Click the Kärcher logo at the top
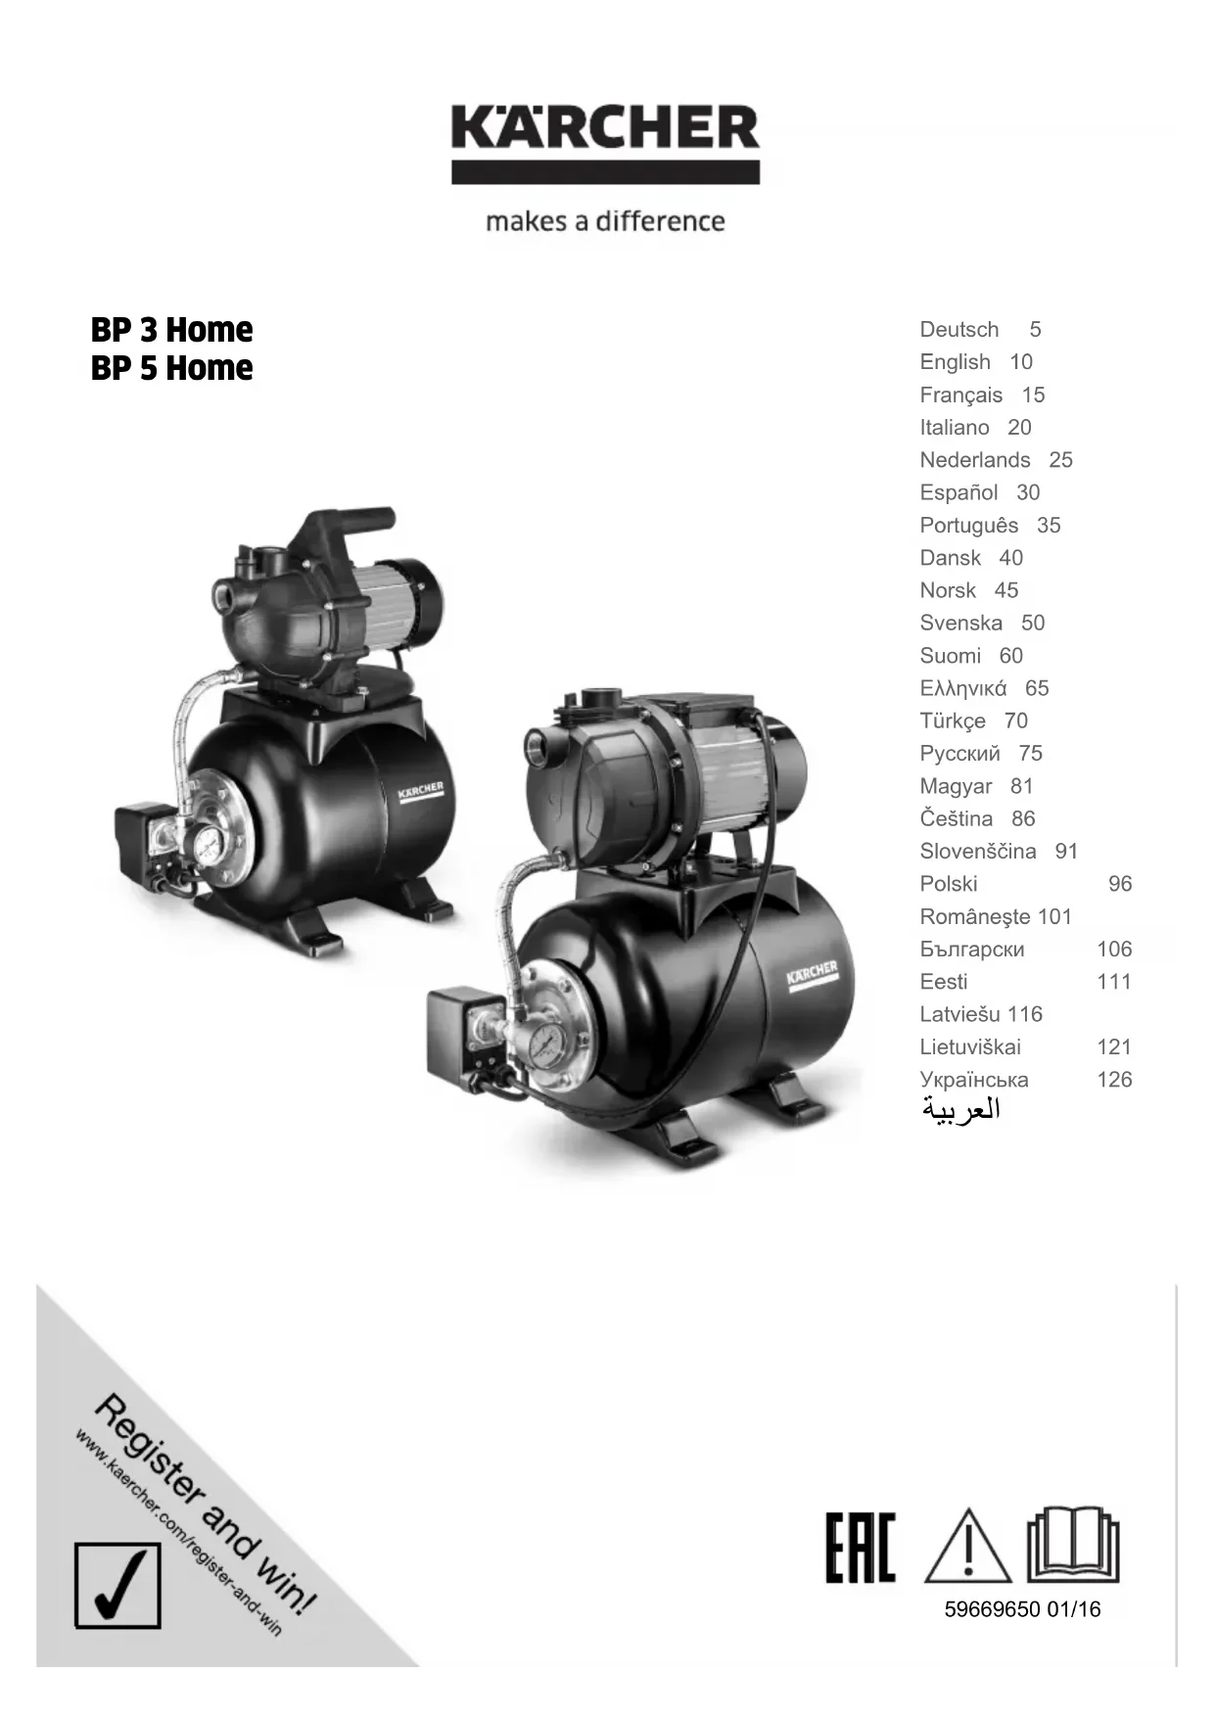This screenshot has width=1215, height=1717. (x=605, y=144)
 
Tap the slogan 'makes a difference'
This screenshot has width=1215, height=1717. (x=605, y=221)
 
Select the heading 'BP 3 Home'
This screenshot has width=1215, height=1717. (x=171, y=330)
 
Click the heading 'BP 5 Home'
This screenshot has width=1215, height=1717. (x=171, y=368)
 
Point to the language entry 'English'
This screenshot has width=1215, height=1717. (x=955, y=362)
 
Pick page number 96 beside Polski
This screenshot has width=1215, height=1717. (x=1120, y=884)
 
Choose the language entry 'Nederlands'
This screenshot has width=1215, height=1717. (x=975, y=460)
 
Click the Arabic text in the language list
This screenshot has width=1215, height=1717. (x=960, y=1110)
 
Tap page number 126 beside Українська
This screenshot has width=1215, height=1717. (x=1114, y=1080)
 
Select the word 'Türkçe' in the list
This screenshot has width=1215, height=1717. (x=953, y=721)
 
